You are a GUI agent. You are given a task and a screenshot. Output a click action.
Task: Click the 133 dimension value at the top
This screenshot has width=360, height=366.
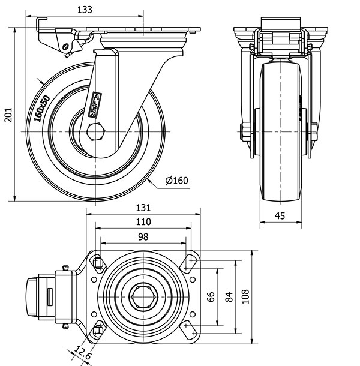[85, 10]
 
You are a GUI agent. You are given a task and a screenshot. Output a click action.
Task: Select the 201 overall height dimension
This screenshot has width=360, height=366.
[8, 115]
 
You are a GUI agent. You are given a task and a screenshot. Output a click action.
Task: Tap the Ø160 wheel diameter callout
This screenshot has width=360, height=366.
[176, 181]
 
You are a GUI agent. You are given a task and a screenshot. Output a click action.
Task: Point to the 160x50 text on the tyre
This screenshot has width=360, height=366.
[42, 109]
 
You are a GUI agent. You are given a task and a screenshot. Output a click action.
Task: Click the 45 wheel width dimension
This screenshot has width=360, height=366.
[280, 215]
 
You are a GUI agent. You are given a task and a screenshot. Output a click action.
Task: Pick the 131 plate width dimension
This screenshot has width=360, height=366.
[143, 208]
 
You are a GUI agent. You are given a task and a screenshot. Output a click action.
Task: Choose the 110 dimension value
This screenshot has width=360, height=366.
[143, 222]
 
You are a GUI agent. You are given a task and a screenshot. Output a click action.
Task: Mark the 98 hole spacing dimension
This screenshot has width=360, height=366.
[143, 237]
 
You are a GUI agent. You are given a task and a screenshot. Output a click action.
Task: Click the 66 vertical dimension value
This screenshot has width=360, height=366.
[211, 296]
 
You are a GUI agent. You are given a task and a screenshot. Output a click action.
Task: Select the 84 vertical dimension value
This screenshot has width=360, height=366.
[229, 296]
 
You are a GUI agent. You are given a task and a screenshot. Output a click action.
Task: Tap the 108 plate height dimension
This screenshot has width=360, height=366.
[245, 296]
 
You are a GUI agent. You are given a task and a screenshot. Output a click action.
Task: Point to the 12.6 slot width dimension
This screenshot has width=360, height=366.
[83, 353]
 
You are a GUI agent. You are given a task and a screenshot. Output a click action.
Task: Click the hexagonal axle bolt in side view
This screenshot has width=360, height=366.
[96, 131]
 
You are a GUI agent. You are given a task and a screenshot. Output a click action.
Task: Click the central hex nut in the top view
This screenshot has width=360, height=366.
[143, 297]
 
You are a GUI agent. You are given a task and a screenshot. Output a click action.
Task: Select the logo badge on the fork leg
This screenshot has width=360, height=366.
[95, 104]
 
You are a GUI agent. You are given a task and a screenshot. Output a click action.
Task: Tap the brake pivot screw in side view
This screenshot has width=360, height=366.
[66, 46]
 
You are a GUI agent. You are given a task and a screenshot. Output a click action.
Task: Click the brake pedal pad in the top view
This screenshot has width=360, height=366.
[32, 297]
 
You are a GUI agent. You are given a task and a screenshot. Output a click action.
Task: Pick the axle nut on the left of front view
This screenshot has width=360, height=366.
[245, 132]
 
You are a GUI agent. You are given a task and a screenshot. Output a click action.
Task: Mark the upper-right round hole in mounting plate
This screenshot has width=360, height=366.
[193, 280]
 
